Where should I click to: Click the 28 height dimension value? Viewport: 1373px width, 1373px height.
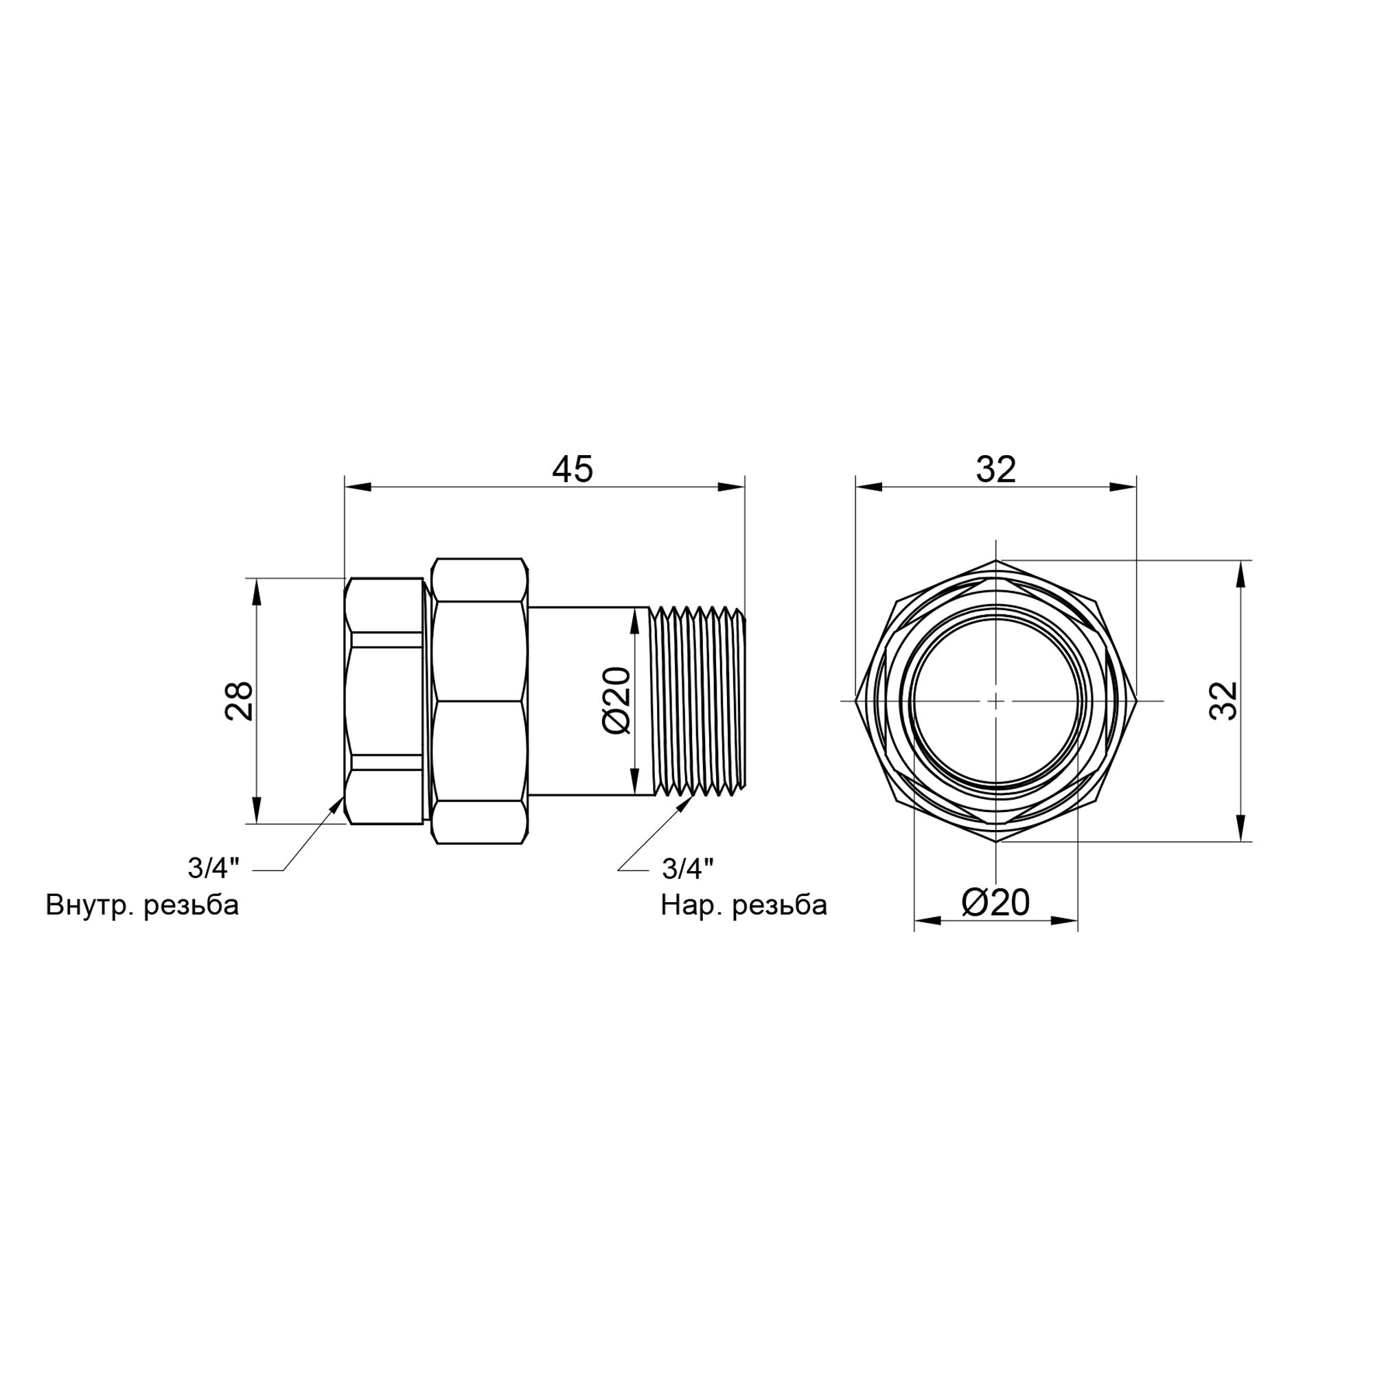pos(240,701)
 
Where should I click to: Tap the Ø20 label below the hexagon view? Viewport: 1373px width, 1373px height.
pos(995,903)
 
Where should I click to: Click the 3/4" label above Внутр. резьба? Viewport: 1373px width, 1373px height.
pos(214,868)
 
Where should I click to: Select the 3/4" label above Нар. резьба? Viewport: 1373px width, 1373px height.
pos(687,868)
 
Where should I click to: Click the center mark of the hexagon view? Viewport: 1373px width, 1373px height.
pos(996,700)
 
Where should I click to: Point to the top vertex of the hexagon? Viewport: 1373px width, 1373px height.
pos(996,561)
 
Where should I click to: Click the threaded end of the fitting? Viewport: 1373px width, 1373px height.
pos(698,700)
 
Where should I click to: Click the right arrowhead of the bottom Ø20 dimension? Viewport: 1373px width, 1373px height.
pos(1065,922)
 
